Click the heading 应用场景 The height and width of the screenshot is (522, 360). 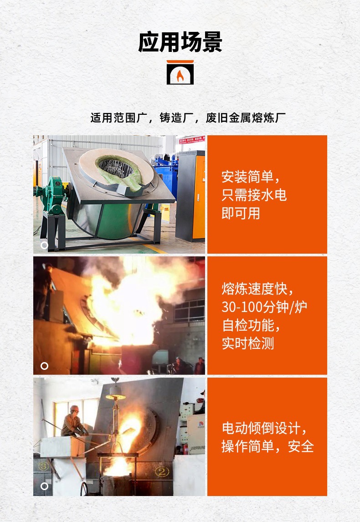[x=180, y=42]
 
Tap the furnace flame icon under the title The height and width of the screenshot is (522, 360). [x=180, y=73]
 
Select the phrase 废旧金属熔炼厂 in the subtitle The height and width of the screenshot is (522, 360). [x=246, y=118]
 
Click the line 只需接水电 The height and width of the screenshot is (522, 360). [x=254, y=194]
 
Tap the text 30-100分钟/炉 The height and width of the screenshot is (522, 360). [x=264, y=307]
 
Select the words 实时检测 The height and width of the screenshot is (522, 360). [x=247, y=343]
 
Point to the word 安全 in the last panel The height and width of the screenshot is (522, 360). [x=301, y=446]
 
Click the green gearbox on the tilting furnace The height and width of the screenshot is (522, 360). [x=52, y=194]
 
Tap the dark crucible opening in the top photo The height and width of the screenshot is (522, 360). [x=116, y=169]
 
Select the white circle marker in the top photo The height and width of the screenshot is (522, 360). [x=44, y=245]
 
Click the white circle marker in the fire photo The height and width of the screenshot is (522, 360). [x=44, y=366]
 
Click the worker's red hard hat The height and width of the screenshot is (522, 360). [x=74, y=409]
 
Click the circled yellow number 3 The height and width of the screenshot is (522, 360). [x=43, y=466]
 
